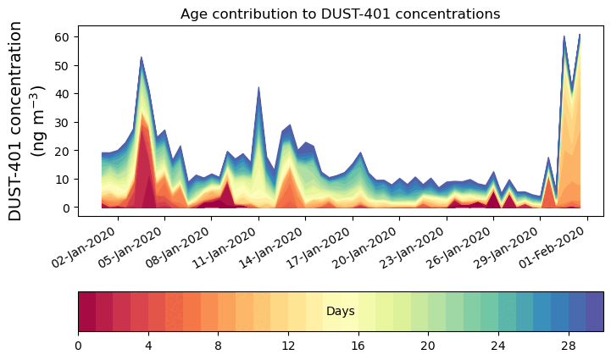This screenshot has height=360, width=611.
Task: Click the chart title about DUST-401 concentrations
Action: (x=340, y=14)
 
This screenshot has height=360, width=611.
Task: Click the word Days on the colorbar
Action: (x=340, y=312)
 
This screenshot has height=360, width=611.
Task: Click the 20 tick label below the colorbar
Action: (x=428, y=346)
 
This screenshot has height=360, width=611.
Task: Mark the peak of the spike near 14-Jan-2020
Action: (x=258, y=87)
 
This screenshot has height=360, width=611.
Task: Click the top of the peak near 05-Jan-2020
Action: (x=142, y=57)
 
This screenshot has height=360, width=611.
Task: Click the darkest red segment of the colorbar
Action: (x=86, y=311)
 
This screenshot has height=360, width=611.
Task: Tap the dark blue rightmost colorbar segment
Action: (x=594, y=311)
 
